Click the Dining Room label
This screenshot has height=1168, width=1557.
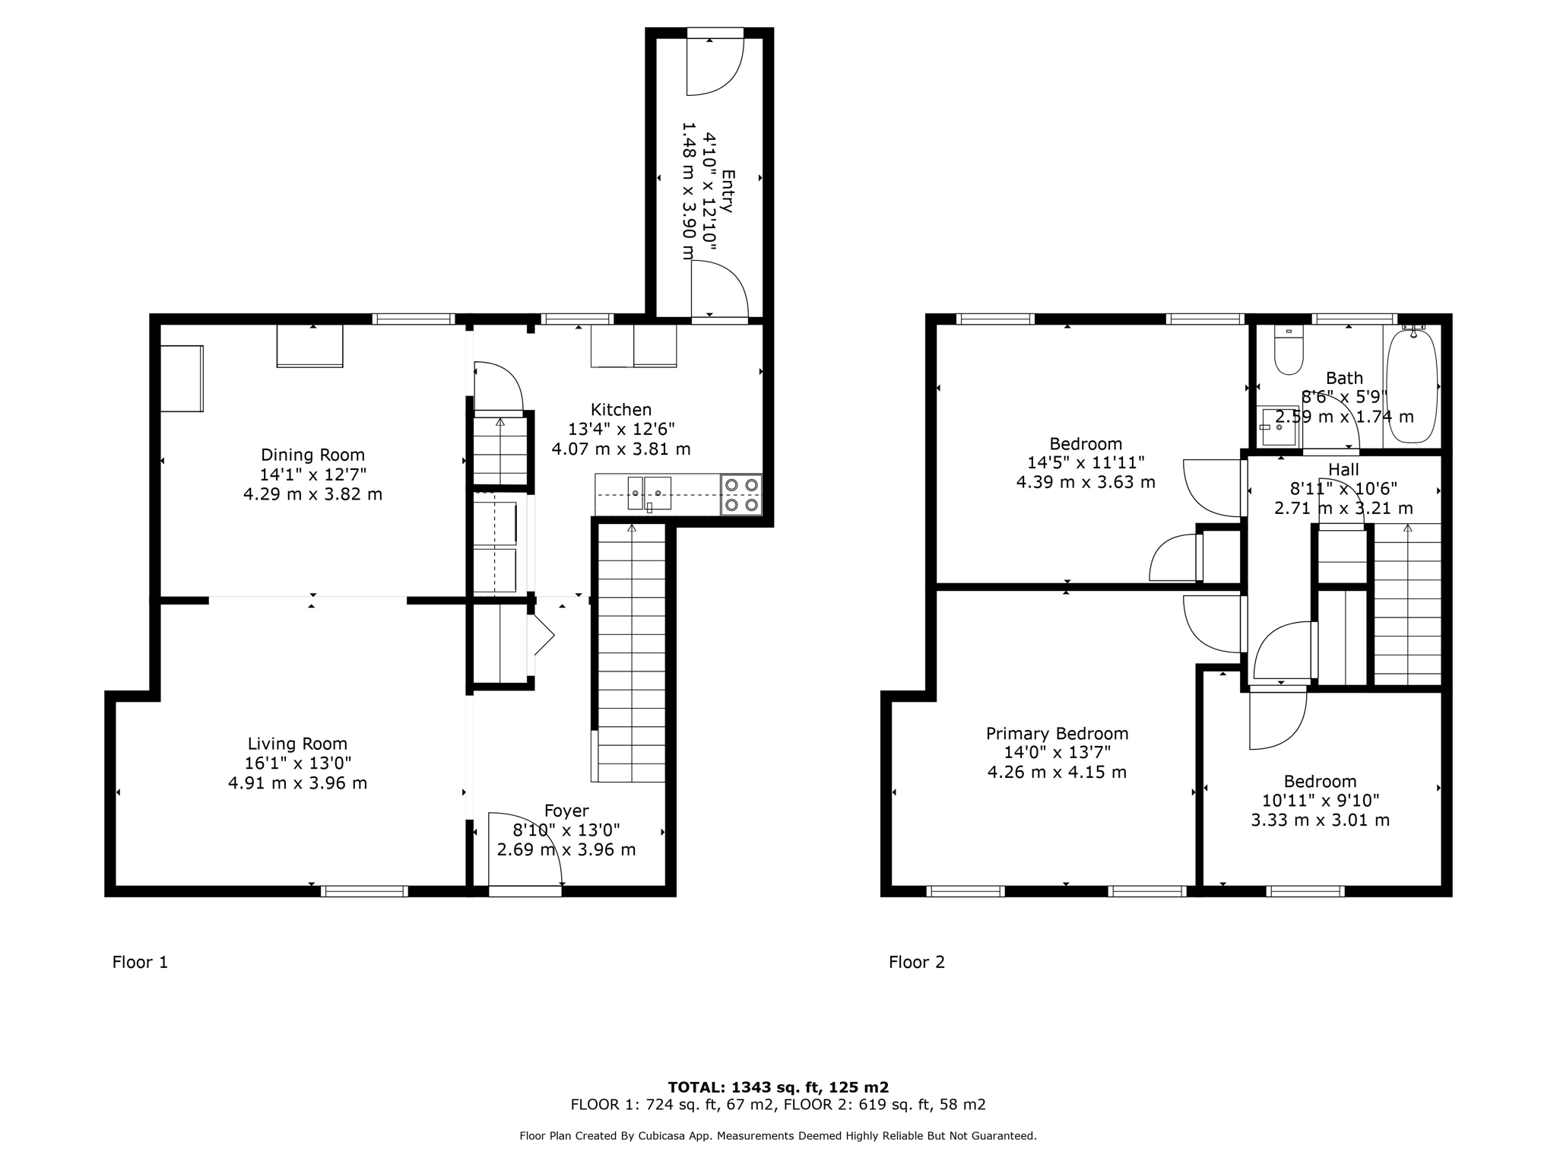pyautogui.click(x=312, y=455)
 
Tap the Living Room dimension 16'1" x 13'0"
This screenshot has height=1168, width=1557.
pyautogui.click(x=298, y=763)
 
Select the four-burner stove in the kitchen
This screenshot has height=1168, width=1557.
pyautogui.click(x=740, y=494)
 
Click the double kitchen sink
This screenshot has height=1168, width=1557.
pyautogui.click(x=648, y=494)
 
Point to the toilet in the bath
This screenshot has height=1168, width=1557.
pyautogui.click(x=1289, y=351)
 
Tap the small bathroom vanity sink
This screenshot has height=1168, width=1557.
pyautogui.click(x=1279, y=427)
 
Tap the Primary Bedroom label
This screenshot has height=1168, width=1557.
pyautogui.click(x=1057, y=734)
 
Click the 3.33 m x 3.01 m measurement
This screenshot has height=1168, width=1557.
pyautogui.click(x=1320, y=820)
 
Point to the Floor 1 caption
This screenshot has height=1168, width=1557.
pyautogui.click(x=140, y=962)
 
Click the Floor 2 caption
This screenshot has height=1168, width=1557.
pyautogui.click(x=916, y=962)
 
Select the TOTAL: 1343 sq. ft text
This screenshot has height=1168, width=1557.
pyautogui.click(x=778, y=1087)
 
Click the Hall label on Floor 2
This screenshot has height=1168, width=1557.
pyautogui.click(x=1343, y=469)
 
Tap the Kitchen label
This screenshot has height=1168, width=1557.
pyautogui.click(x=621, y=410)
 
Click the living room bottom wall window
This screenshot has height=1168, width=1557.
pyautogui.click(x=364, y=891)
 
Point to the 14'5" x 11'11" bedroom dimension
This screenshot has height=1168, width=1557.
pyautogui.click(x=1086, y=462)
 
